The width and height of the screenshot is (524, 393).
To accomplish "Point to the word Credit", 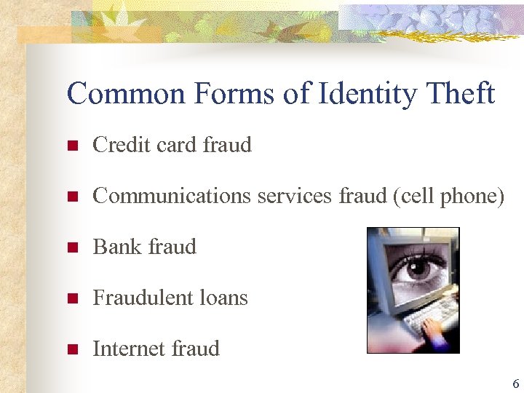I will point(117,145).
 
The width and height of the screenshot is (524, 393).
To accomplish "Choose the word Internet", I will point(125,349).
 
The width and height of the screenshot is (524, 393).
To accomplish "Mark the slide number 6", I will point(515,384).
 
